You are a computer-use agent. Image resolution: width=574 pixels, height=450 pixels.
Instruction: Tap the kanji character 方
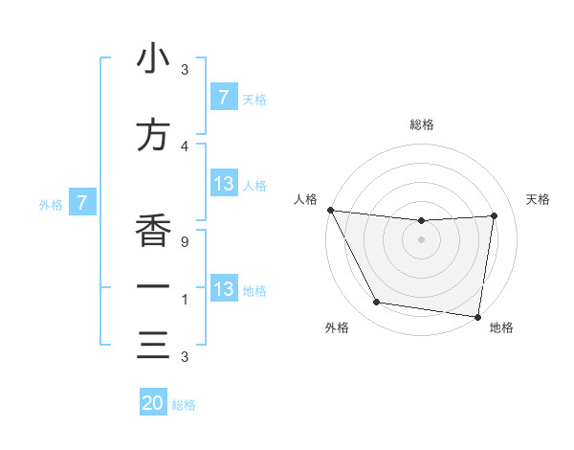[153, 136]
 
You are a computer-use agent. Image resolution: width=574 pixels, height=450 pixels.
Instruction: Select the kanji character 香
[153, 231]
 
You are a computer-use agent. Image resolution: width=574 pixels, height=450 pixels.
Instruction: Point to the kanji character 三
[153, 346]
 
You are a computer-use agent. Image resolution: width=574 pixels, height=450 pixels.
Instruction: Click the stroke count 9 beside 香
[185, 242]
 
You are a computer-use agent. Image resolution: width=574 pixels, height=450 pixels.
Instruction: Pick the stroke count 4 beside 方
[185, 146]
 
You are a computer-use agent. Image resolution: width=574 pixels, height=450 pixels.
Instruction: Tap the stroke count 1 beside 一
[185, 300]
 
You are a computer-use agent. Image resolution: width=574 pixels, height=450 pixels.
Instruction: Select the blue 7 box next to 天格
[224, 98]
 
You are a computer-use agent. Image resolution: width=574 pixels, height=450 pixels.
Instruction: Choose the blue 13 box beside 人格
[224, 184]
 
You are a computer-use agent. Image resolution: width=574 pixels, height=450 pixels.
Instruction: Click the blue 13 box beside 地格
[224, 289]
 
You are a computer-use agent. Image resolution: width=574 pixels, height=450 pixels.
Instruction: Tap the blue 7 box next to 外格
[83, 203]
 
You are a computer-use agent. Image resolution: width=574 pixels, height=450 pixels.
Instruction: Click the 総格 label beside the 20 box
[184, 405]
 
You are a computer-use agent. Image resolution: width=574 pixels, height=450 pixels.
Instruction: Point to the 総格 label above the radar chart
[422, 124]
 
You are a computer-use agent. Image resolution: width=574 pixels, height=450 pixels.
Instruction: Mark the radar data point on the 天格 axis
[495, 215]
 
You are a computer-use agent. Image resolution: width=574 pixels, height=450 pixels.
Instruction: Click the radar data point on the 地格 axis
[477, 316]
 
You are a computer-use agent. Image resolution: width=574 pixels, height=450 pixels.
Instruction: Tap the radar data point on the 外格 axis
[376, 304]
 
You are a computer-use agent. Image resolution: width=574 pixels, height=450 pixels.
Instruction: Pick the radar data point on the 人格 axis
[330, 210]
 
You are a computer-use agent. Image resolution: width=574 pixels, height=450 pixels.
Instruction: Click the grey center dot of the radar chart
[422, 239]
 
